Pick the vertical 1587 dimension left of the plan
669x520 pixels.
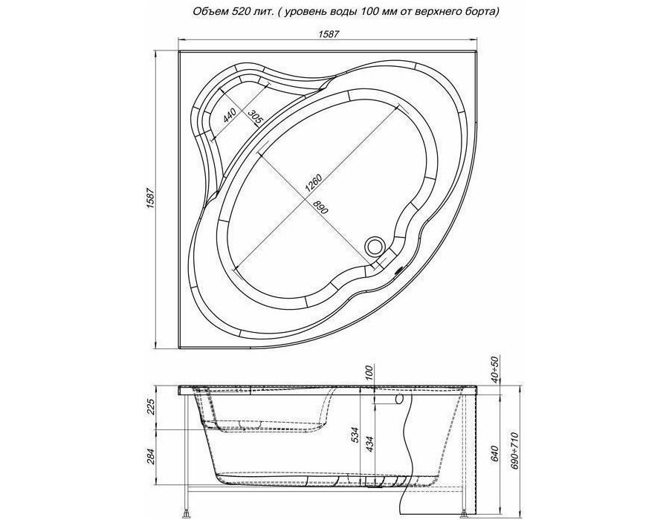pyautogui.click(x=149, y=198)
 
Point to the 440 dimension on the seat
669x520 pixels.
pyautogui.click(x=229, y=115)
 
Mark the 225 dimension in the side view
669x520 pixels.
pyautogui.click(x=149, y=409)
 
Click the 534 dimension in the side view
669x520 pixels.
pyautogui.click(x=358, y=435)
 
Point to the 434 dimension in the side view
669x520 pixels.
pyautogui.click(x=370, y=444)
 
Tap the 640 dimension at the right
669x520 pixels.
pyautogui.click(x=495, y=454)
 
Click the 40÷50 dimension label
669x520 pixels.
pyautogui.click(x=495, y=372)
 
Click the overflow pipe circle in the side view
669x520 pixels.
pyautogui.click(x=400, y=400)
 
